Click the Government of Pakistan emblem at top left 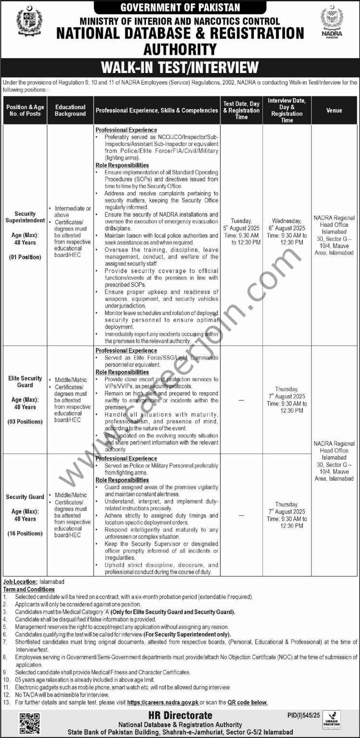coord(29,22)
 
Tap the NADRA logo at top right coord(332,23)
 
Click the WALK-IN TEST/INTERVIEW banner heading coord(180,67)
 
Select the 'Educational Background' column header coord(70,111)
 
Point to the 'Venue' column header coord(334,111)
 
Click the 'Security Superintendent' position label coord(25,217)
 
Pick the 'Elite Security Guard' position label coord(25,381)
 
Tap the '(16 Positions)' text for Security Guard coord(25,533)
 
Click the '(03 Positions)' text coord(25,421)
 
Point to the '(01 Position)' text coord(25,257)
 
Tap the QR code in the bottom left coord(30,723)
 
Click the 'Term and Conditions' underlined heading coord(29,589)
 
